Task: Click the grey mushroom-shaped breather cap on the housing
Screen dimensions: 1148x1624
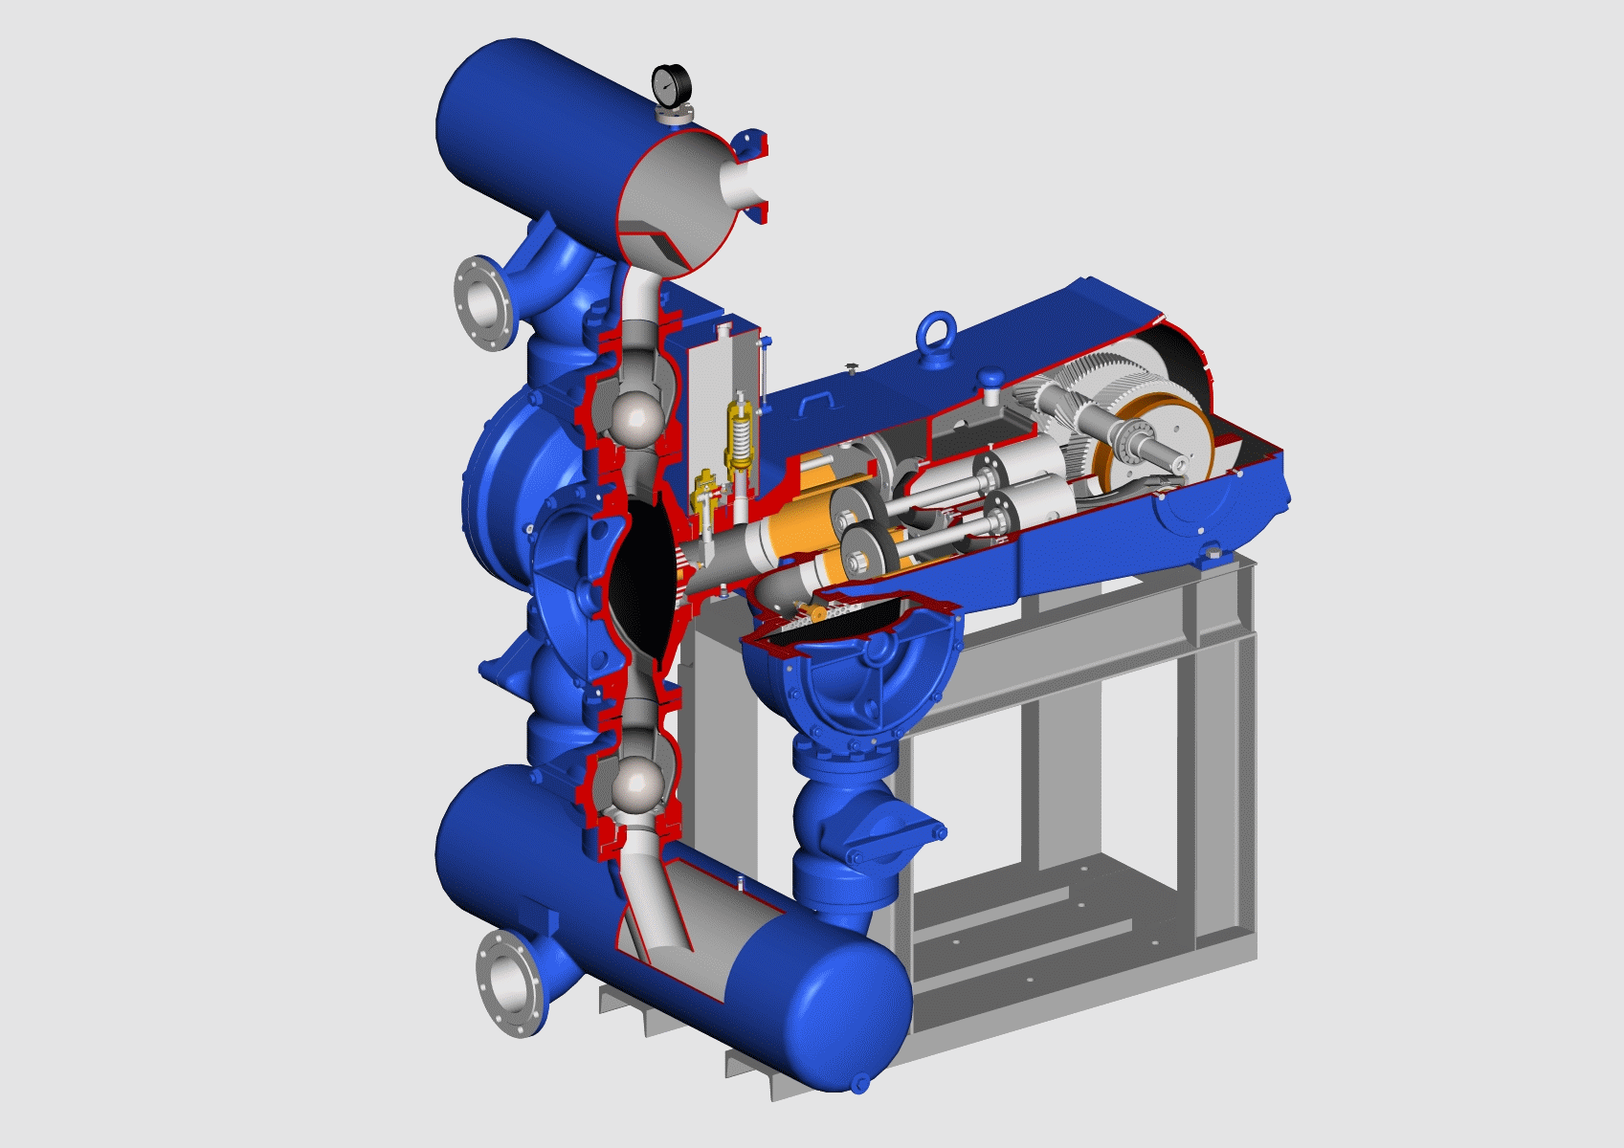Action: [x=990, y=381]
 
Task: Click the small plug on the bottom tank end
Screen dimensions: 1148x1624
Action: [x=859, y=1083]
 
